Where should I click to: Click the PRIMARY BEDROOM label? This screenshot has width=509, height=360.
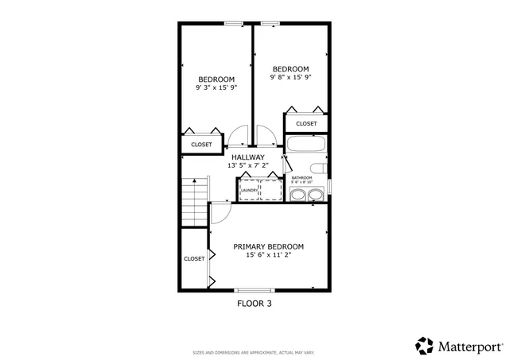[268, 246]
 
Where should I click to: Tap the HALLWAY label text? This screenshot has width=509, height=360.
[247, 157]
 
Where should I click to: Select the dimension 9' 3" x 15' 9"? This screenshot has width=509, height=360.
[216, 87]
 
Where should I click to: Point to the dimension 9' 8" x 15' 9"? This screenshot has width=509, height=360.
[290, 77]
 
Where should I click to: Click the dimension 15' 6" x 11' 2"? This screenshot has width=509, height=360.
[268, 255]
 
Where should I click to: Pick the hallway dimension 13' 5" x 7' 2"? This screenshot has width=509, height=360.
[247, 166]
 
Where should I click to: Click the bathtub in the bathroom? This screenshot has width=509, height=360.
[307, 145]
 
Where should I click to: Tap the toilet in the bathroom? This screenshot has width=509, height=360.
[318, 168]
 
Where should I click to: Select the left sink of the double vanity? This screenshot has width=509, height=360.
[298, 195]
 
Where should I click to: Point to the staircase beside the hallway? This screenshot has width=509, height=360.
[194, 202]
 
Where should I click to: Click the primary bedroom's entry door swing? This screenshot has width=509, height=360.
[220, 211]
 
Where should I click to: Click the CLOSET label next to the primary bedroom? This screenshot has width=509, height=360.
[194, 258]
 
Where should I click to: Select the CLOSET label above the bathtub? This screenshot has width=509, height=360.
[306, 123]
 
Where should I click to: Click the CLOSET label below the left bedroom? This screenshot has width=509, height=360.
[201, 145]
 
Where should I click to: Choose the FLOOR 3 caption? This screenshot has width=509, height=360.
[255, 303]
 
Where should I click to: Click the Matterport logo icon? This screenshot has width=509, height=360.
[425, 346]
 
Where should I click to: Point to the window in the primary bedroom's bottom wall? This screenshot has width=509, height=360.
[254, 289]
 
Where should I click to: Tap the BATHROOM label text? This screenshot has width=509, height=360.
[301, 178]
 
